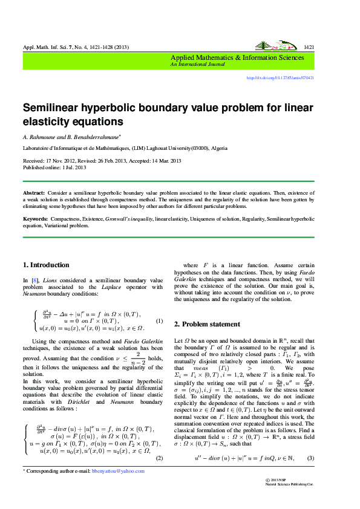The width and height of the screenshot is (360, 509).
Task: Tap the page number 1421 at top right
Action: tap(309, 47)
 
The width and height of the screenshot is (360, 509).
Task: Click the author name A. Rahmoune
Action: tap(41, 137)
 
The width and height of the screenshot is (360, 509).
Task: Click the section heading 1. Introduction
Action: tap(46, 265)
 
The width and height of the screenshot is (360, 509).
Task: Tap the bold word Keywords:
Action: tap(35, 218)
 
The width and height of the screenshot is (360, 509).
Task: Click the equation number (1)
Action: tap(159, 320)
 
